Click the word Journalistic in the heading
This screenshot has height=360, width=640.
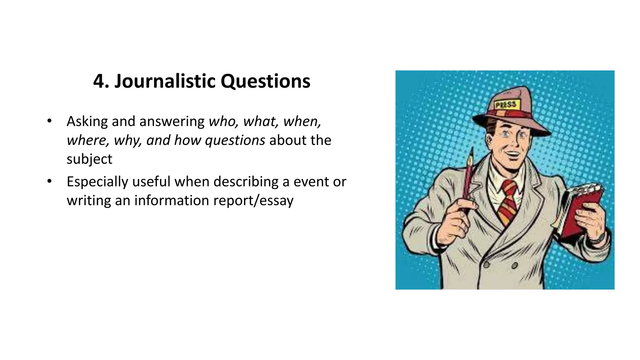165,81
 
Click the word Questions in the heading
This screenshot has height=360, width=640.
265,81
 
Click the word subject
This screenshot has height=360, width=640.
89,159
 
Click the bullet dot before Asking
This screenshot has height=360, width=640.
49,121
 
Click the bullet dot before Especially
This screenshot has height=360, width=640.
49,182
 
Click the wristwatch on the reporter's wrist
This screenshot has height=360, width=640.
597,239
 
